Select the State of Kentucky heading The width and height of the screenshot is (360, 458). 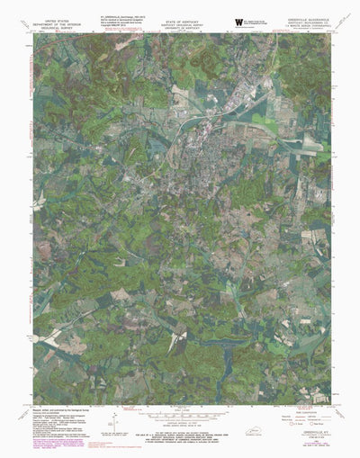click(178, 18)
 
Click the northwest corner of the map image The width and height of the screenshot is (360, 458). click(33, 34)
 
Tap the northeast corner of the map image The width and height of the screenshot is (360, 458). click(329, 34)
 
